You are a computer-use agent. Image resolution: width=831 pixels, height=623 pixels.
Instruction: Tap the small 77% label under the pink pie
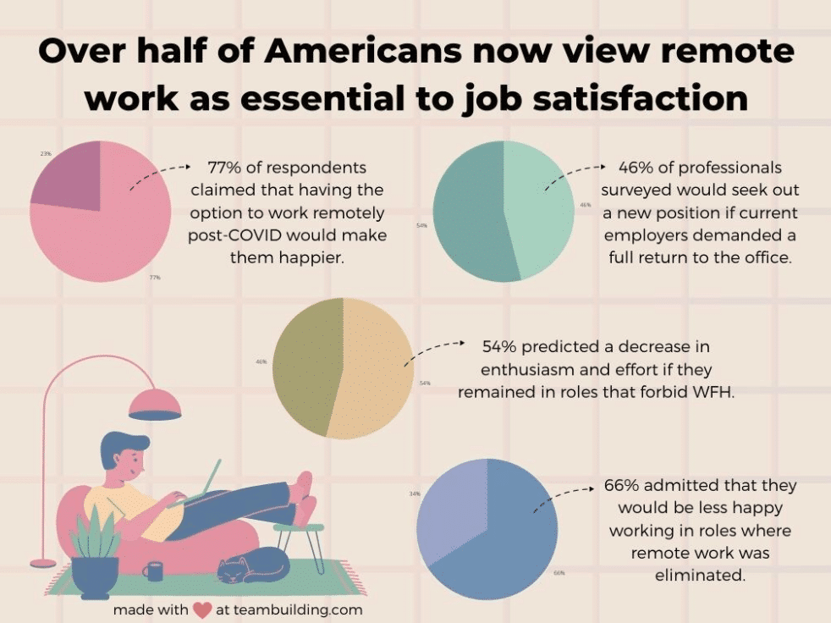[x=155, y=278]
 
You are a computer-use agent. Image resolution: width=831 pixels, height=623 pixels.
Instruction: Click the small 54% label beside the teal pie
[x=421, y=226]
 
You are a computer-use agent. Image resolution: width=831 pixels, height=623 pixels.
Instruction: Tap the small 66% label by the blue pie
[x=559, y=573]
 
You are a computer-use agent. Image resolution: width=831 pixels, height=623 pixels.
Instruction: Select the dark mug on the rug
[x=154, y=571]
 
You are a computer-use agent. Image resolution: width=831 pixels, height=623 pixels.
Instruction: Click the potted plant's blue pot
[x=95, y=576]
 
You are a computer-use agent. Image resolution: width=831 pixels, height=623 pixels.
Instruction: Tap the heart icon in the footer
[x=201, y=609]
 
